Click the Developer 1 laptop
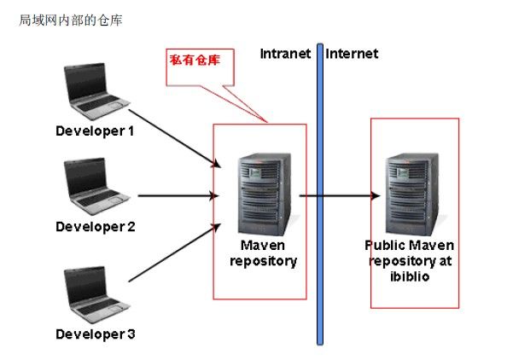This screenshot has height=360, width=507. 96,91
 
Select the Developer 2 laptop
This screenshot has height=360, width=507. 96,187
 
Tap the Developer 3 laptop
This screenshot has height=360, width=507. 96,294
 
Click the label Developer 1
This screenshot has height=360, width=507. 95,131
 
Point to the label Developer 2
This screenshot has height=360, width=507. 96,227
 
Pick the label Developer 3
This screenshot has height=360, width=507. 96,334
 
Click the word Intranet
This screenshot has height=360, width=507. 285,54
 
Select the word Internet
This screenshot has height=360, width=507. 352,54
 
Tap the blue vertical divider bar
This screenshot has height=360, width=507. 320,195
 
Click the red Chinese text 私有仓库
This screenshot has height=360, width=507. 195,60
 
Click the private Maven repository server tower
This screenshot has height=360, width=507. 265,195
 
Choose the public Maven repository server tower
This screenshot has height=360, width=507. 412,195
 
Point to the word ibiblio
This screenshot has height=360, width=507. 410,276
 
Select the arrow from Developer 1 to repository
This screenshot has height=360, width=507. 175,138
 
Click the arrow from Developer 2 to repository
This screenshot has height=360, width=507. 178,195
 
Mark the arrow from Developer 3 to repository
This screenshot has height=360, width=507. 175,253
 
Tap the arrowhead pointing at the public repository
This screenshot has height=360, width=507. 376,195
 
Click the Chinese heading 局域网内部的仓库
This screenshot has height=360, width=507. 71,20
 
